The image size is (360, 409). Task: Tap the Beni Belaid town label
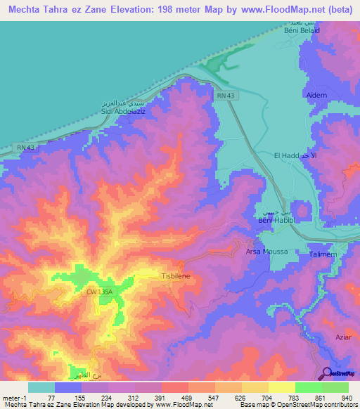(x=302, y=31)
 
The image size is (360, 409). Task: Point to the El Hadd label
(x=288, y=155)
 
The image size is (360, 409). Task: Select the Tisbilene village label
(x=176, y=277)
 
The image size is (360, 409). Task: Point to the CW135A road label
(x=100, y=292)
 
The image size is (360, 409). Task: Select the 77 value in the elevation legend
(x=53, y=397)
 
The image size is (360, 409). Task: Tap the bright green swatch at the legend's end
(x=335, y=387)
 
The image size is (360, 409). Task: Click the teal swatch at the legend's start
(x=41, y=387)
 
